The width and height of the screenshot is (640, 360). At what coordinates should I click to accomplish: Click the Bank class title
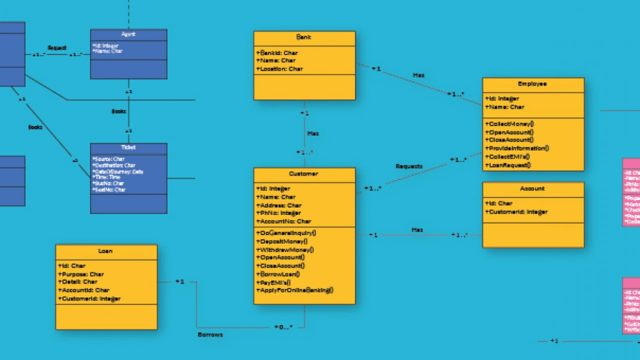tap(304, 37)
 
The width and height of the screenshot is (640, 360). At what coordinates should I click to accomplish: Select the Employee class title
tap(532, 84)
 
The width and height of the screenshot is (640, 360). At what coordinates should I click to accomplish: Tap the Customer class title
tap(304, 174)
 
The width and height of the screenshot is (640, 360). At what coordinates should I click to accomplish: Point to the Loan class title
tap(106, 251)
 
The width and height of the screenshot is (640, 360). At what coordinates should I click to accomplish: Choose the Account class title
tap(532, 188)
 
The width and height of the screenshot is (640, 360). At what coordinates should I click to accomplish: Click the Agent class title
tap(129, 34)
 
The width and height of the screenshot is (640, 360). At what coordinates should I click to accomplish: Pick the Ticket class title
tap(129, 148)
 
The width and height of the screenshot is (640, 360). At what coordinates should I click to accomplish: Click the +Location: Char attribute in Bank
tap(279, 69)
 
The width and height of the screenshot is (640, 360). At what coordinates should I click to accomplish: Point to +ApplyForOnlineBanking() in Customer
tap(295, 290)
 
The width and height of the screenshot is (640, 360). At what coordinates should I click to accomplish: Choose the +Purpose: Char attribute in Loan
tap(81, 274)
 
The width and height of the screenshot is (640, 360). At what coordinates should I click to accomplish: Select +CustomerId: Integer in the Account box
tap(516, 212)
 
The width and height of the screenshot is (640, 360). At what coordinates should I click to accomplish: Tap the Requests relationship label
tap(409, 166)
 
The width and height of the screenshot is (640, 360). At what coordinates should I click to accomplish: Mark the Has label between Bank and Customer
tap(313, 133)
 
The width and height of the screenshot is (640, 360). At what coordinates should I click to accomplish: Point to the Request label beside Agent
tap(57, 47)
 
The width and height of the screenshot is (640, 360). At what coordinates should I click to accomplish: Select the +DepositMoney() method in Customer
tap(281, 241)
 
